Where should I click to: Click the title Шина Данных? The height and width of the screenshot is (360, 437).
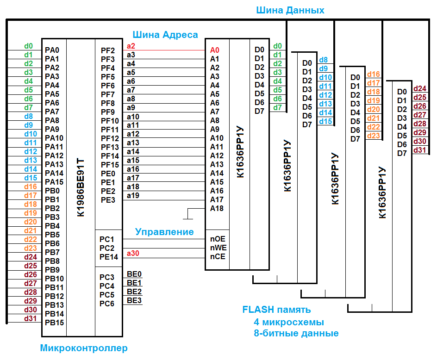pos(290,10)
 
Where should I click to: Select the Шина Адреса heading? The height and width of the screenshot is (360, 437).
pos(165,35)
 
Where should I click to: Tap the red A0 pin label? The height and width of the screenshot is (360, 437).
pos(214,50)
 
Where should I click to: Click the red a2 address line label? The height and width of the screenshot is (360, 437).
pos(131,46)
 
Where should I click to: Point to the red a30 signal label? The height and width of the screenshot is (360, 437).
pos(133,253)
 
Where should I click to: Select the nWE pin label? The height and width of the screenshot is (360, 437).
pos(218,248)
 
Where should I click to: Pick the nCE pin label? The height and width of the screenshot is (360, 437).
pos(218,257)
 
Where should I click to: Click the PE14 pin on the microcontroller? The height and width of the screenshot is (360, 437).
pos(109,257)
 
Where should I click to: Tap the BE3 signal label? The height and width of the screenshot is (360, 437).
pos(134,300)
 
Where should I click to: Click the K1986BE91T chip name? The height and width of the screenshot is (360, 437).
pos(81,187)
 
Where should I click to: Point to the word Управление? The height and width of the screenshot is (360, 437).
pos(164,231)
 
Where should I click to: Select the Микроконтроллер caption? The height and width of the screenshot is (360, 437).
pos(84,348)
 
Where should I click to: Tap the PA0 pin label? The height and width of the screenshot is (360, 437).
pos(52,50)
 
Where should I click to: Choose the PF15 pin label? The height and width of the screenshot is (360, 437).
pos(110,165)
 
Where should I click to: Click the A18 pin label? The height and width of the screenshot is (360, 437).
pos(217,209)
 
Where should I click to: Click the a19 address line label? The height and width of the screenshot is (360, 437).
pos(133,195)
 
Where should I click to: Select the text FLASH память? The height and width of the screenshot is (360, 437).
pos(277,310)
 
